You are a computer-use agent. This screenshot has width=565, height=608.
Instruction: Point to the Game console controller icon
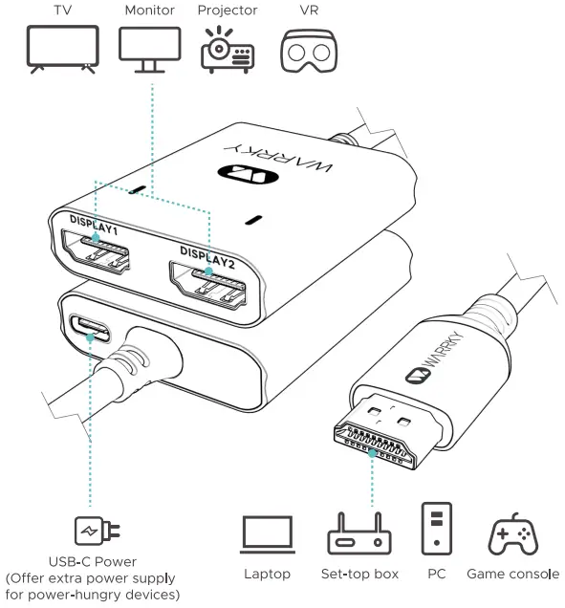512,534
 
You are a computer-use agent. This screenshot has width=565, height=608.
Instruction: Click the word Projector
226,11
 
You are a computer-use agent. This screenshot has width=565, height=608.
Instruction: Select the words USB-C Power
92,561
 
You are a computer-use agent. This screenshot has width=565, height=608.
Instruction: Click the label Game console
512,575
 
